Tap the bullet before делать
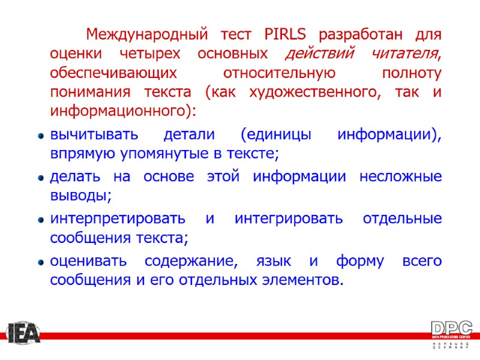(x=40, y=178)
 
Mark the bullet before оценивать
(x=40, y=263)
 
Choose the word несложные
(x=400, y=177)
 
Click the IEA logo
(x=23, y=334)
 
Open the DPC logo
(x=451, y=334)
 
